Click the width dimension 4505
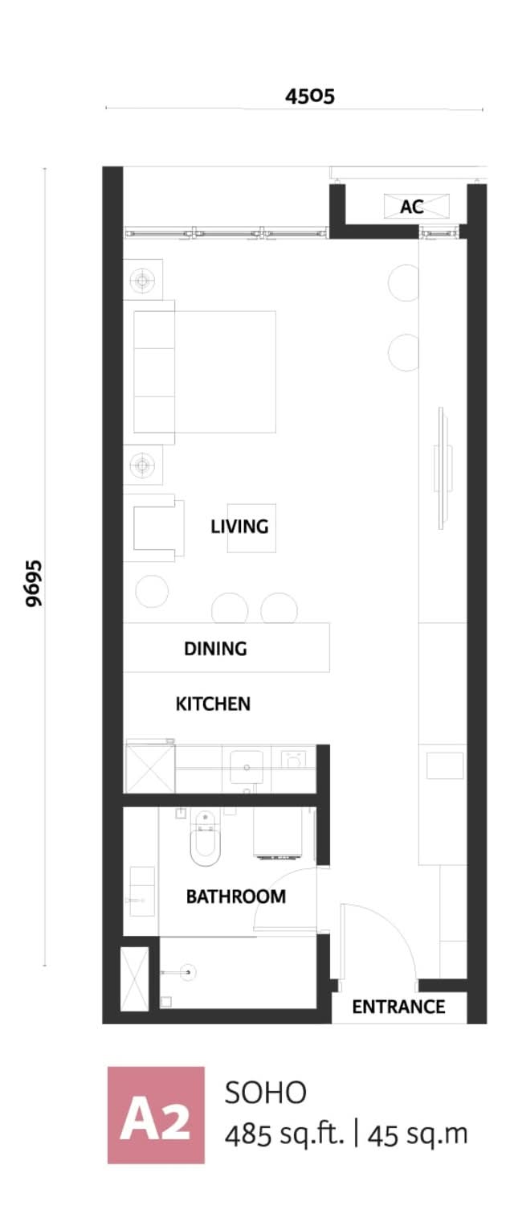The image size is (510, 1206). (310, 96)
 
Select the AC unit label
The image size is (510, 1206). (411, 206)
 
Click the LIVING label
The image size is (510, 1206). (239, 526)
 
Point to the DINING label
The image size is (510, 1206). (215, 648)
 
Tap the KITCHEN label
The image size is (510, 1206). (213, 703)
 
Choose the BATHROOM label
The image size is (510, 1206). (236, 896)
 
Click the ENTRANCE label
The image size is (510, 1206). (398, 1007)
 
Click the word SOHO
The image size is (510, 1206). (266, 1093)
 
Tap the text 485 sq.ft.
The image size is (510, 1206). (284, 1134)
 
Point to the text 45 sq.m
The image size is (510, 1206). (418, 1134)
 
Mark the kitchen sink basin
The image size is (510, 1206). (247, 767)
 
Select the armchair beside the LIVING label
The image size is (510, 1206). (155, 528)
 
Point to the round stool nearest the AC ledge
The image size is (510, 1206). (403, 283)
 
